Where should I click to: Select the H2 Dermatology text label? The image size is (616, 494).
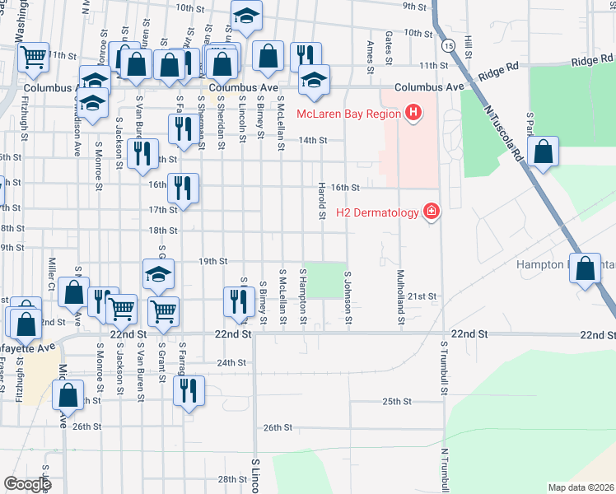pyautogui.click(x=377, y=212)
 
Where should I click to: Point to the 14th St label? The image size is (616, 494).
pyautogui.click(x=313, y=141)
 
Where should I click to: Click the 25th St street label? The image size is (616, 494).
pyautogui.click(x=396, y=401)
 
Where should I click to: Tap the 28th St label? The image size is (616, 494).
pyautogui.click(x=227, y=479)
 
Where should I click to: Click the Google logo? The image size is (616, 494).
pyautogui.click(x=27, y=483)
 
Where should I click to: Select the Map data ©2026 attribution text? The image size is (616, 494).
pyautogui.click(x=581, y=487)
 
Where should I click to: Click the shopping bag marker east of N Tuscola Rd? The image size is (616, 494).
pyautogui.click(x=544, y=152)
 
